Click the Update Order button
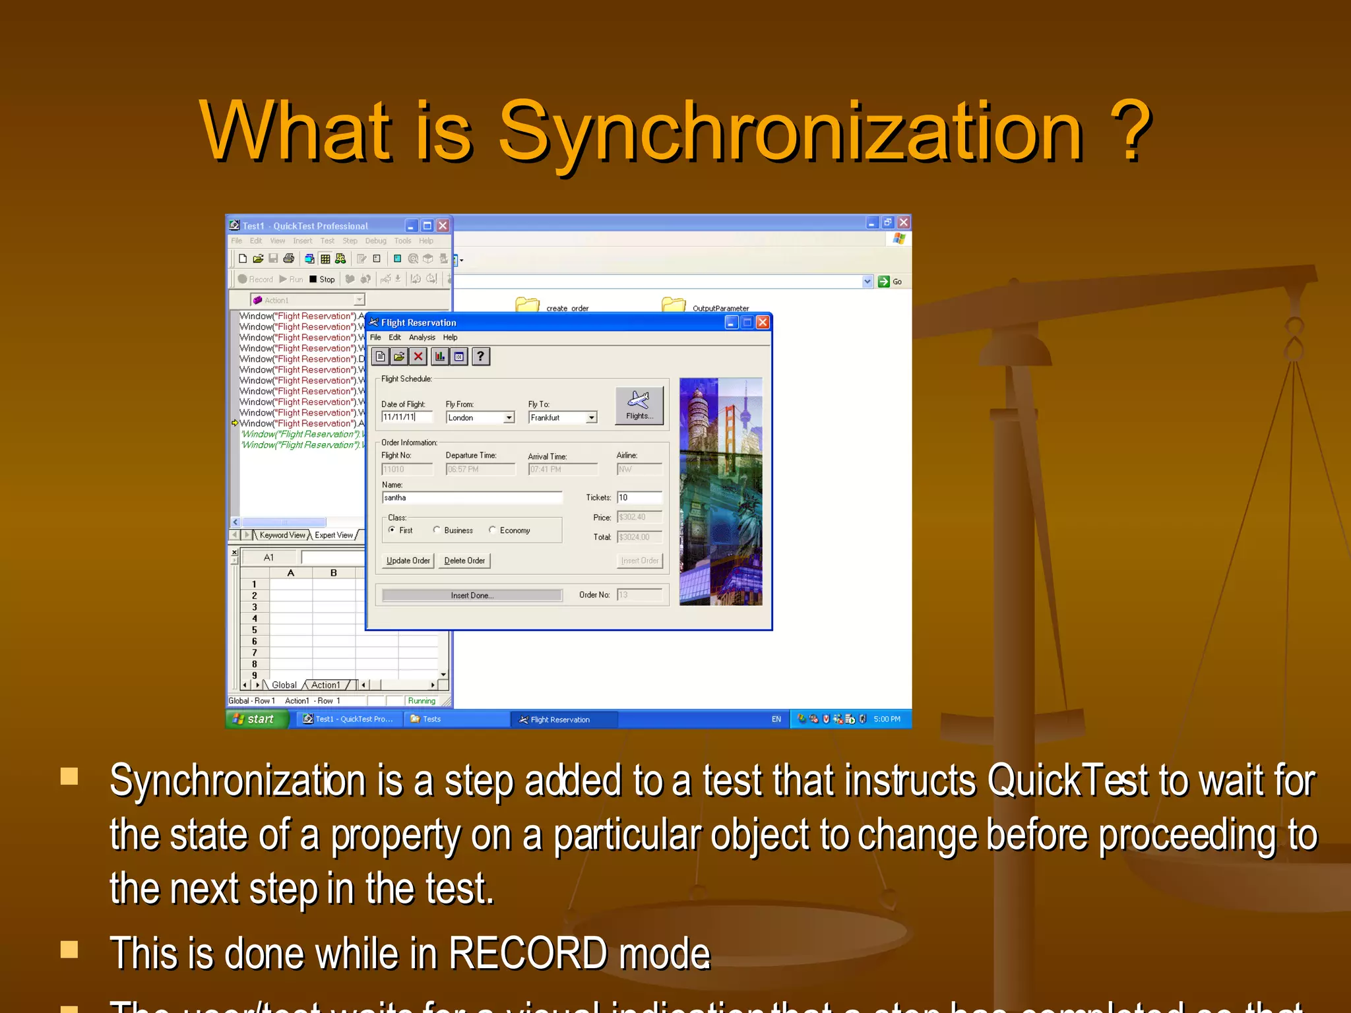[x=408, y=561]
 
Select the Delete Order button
[x=464, y=561]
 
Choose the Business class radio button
[x=437, y=530]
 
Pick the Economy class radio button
[x=492, y=530]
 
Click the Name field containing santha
[x=472, y=498]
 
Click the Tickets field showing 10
[x=639, y=498]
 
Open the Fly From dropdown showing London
[x=509, y=417]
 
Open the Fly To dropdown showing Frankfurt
[x=591, y=417]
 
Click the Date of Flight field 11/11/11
[x=406, y=417]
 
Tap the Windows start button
[x=257, y=719]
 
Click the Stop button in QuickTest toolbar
[x=322, y=280]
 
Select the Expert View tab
[x=334, y=535]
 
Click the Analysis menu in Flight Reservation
[x=422, y=338]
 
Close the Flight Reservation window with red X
[x=763, y=322]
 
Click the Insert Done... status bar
[x=472, y=596]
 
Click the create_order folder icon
[x=527, y=305]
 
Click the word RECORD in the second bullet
[x=528, y=954]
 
